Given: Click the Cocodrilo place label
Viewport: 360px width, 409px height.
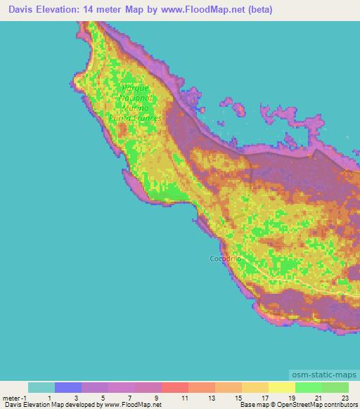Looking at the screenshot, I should pos(226,259).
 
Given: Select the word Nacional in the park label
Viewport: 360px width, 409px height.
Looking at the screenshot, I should pos(141,98).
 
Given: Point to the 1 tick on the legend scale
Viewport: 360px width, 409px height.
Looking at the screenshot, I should pos(49,398).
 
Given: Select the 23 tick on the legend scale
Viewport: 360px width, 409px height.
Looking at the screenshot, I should pos(344,398).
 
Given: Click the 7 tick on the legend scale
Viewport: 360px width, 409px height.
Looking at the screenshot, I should pos(129,398).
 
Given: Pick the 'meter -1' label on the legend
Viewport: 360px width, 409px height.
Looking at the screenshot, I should pos(15,398).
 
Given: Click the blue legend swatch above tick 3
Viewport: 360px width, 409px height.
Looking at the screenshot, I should pos(68,387).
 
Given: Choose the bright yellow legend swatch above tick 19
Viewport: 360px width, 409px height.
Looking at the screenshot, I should pos(282,387).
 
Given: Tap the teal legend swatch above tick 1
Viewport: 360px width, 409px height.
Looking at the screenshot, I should pos(41,387).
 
